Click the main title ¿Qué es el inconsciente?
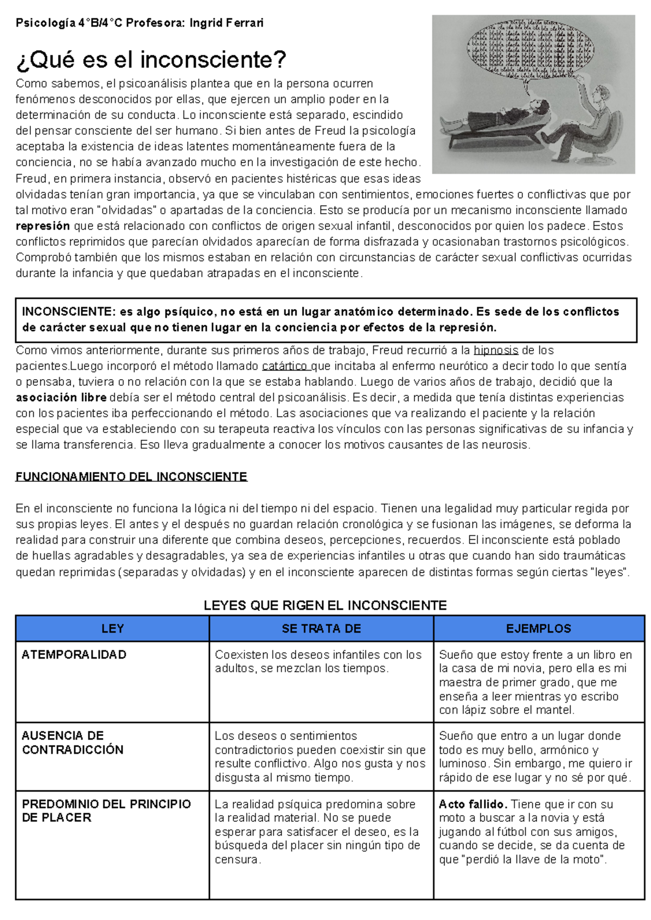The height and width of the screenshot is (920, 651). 151,60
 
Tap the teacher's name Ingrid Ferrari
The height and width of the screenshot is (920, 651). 226,23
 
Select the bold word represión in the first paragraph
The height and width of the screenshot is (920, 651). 43,226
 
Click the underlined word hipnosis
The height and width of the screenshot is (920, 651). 496,350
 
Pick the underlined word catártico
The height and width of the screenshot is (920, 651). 284,366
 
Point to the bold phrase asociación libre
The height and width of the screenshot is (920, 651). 61,398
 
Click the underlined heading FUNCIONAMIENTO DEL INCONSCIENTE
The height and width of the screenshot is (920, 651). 131,477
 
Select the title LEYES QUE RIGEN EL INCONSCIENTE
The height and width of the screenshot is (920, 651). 325,605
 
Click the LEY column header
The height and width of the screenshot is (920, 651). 112,629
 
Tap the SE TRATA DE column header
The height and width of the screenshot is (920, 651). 321,629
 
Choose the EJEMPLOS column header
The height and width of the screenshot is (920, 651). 539,629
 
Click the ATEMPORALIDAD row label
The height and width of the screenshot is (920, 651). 74,655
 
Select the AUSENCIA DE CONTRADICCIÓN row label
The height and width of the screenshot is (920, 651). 73,743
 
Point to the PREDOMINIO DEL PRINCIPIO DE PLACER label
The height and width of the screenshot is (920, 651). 106,811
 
